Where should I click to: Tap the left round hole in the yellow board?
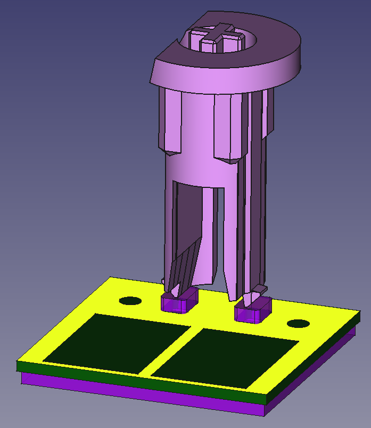[x=130, y=301]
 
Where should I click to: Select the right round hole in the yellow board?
[x=298, y=324]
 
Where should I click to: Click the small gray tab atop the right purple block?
[x=259, y=289]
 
